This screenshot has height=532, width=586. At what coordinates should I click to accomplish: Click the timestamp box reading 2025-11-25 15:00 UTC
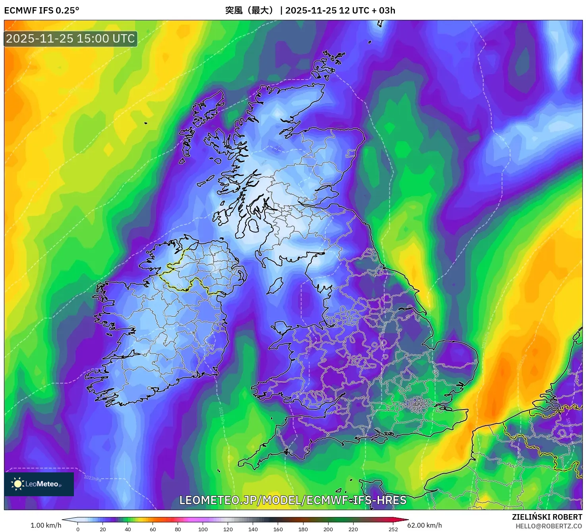click(x=71, y=39)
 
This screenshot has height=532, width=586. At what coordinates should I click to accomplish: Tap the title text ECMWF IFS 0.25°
click(x=42, y=10)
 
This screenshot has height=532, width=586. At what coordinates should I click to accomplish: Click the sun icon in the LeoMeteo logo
click(x=17, y=483)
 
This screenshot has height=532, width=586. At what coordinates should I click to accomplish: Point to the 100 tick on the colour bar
click(x=203, y=529)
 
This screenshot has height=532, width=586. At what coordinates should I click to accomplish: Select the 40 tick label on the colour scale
click(x=128, y=529)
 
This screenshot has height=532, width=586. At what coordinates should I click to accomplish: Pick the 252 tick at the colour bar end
click(x=393, y=529)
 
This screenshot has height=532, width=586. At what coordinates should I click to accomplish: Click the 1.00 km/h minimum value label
click(x=46, y=525)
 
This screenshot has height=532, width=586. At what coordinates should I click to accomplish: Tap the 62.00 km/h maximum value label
click(x=424, y=525)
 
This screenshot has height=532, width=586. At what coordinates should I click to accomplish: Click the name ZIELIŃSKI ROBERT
click(x=547, y=517)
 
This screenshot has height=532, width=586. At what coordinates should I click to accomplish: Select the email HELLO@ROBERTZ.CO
click(x=549, y=526)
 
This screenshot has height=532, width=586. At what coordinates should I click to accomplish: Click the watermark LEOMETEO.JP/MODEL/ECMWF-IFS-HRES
click(x=293, y=500)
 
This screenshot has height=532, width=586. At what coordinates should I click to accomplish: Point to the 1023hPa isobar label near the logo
click(x=92, y=478)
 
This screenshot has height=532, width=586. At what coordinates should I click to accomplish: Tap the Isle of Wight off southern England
click(x=379, y=439)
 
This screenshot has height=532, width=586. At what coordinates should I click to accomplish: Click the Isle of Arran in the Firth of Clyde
click(x=253, y=225)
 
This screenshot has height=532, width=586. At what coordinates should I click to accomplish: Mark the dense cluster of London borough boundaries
click(x=418, y=406)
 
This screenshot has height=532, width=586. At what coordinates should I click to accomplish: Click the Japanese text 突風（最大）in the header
click(x=249, y=10)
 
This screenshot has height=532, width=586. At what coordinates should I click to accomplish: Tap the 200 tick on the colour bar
click(x=328, y=529)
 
